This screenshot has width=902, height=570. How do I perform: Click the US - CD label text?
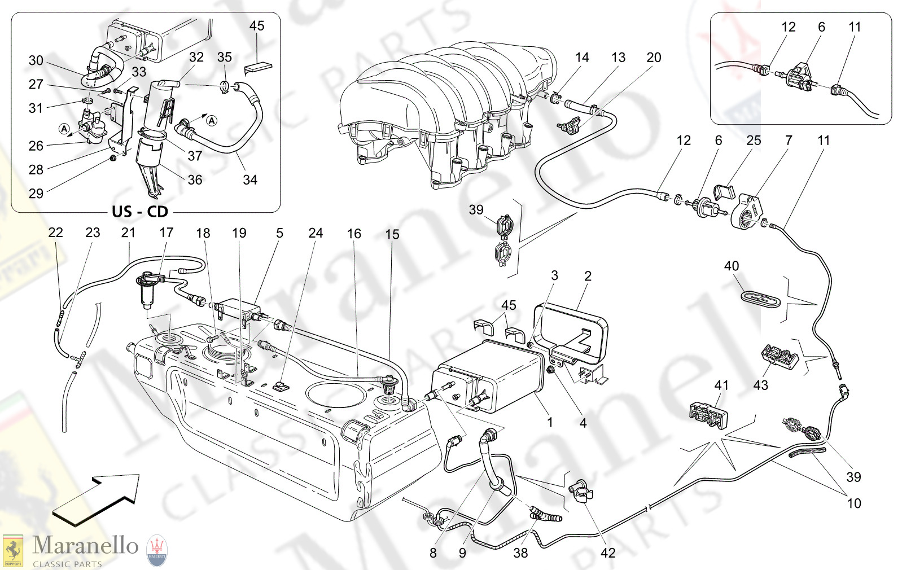click(x=140, y=212)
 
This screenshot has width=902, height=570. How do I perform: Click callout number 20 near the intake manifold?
click(x=654, y=58)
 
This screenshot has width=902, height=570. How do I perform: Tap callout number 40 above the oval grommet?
click(x=731, y=266)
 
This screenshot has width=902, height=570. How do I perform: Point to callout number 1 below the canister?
click(x=550, y=422)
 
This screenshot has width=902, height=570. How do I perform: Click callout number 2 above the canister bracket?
click(x=588, y=276)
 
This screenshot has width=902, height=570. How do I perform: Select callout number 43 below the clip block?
click(x=760, y=385)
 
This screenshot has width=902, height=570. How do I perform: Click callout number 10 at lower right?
click(x=853, y=503)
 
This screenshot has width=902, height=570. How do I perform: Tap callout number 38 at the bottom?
click(x=520, y=553)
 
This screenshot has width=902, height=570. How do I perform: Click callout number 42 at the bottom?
click(x=608, y=553)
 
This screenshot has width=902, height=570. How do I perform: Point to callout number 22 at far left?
click(x=55, y=233)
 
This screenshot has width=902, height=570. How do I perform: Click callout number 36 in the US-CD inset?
click(x=195, y=179)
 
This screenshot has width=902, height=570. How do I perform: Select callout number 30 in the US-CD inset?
click(x=36, y=60)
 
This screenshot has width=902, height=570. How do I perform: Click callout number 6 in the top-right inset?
click(x=821, y=27)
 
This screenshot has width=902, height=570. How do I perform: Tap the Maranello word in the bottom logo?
click(x=85, y=546)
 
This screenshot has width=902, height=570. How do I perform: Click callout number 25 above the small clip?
click(x=754, y=141)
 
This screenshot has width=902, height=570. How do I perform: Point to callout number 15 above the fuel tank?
click(x=392, y=234)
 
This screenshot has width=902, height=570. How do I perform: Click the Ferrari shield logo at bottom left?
click(x=12, y=550)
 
